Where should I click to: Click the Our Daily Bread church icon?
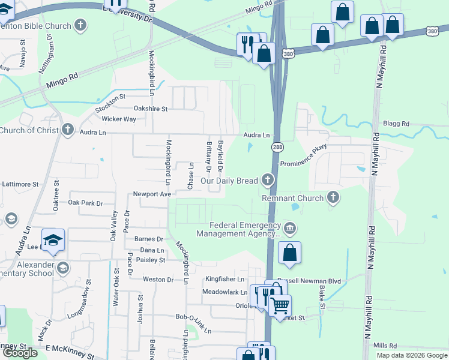click(x=267, y=180)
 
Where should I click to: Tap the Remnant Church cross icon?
click(x=333, y=197)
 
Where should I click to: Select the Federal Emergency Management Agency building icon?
click(x=290, y=229)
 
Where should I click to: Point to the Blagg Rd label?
click(x=397, y=124)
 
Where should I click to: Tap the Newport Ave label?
click(x=152, y=194)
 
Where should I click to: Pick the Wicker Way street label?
click(x=119, y=119)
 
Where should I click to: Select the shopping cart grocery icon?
click(x=279, y=305)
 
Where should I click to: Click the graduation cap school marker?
click(x=53, y=239)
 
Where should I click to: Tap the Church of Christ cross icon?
click(x=67, y=130)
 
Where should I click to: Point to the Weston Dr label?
click(x=158, y=279)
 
